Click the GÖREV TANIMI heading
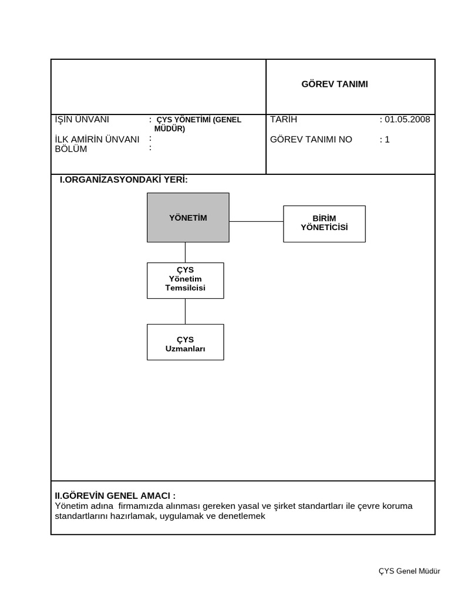[334, 84]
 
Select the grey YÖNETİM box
[188, 218]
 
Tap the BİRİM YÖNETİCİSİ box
[324, 223]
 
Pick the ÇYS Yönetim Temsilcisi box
[185, 280]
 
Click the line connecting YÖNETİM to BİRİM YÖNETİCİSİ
[256, 221]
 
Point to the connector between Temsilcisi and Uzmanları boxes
[185, 311]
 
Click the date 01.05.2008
[407, 119]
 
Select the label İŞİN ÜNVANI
[82, 119]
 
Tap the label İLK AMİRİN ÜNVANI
[97, 139]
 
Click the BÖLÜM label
[70, 149]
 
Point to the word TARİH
[284, 119]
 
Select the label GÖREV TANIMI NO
[311, 140]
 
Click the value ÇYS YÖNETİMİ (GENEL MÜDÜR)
[198, 124]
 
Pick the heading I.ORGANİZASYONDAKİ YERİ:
[123, 180]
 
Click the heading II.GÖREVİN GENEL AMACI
[115, 495]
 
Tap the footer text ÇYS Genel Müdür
[409, 571]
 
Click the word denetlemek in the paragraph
[242, 516]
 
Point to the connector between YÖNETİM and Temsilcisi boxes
[185, 252]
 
